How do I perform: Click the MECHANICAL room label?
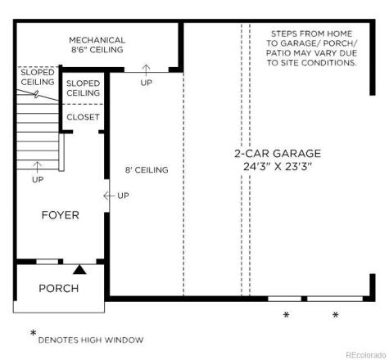97,39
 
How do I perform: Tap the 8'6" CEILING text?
97,50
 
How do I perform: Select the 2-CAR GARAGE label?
278,153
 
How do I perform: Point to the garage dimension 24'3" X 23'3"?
278,166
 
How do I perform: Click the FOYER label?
60,215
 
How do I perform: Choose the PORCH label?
59,288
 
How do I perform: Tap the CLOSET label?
83,117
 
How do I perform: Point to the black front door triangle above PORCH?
79,268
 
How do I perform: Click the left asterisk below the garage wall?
287,315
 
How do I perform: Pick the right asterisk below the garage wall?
335,315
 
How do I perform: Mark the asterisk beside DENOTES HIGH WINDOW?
33,333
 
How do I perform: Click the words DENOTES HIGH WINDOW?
91,340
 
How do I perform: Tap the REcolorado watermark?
364,353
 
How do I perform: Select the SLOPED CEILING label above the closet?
83,88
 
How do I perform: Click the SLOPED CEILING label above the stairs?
38,77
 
